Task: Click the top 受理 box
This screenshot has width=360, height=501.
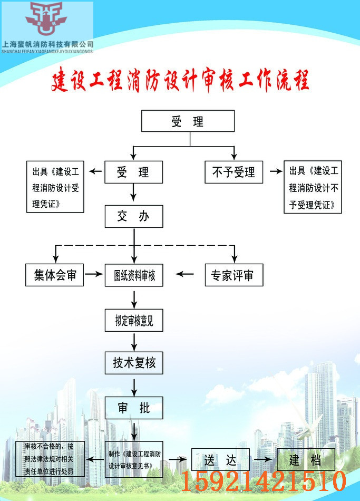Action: coord(188,121)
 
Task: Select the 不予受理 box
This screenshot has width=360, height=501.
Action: coord(233,172)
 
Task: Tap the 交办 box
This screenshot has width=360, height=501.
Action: coord(133,217)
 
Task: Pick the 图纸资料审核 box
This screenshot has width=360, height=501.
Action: coord(134,275)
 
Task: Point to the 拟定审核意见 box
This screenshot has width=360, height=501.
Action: coord(134,320)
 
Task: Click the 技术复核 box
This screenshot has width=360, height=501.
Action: coord(134,363)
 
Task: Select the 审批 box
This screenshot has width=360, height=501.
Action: coord(134,408)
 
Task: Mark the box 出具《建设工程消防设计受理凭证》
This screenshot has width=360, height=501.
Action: coord(55,187)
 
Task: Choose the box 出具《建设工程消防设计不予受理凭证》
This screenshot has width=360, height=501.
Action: coord(313,187)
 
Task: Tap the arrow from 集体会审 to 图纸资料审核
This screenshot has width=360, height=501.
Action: coord(94,275)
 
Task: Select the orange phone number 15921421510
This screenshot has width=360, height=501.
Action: coord(264,481)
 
